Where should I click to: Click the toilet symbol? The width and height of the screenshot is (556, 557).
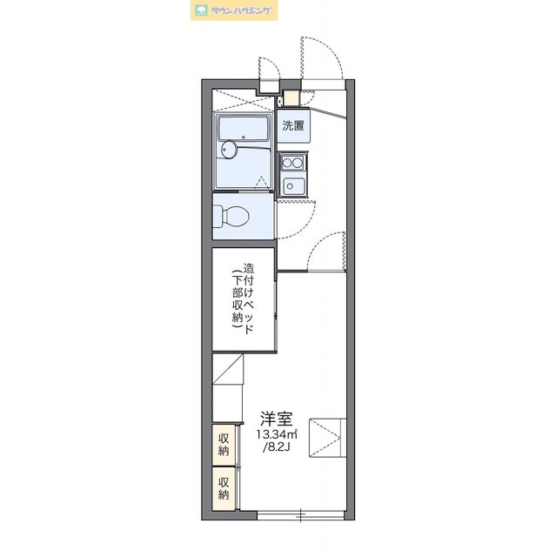coord(231,215)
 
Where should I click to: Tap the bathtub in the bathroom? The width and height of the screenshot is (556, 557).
coord(247,131)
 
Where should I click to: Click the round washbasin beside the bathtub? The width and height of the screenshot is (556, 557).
coord(228,151)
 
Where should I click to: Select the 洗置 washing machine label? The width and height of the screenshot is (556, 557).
coord(293,125)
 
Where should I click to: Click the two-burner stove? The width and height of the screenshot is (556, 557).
coord(292,162)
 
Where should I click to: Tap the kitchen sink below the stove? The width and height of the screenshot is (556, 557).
coord(293,185)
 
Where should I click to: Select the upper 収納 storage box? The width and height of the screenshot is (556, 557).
coord(224,444)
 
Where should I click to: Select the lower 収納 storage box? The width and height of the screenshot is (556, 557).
coord(224,488)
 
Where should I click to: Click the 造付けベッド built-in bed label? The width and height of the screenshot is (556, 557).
coord(249,300)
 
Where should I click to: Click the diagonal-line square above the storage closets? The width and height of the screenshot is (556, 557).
coord(228,370)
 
